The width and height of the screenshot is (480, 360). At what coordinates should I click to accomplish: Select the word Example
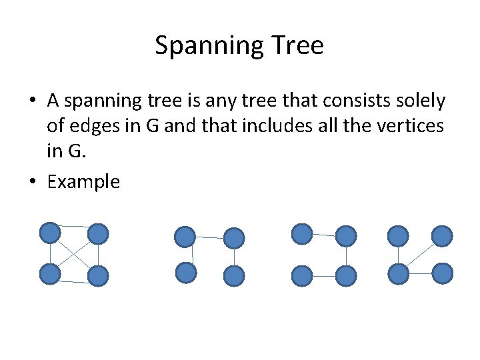coord(83,182)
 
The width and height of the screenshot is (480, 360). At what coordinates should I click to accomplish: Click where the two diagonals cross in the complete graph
coord(73,253)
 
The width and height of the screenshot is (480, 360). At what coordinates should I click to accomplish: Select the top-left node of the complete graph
coord(49,232)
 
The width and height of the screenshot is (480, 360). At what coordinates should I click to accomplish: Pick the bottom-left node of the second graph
coord(185,272)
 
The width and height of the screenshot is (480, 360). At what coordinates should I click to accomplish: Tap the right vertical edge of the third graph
coord(346,255)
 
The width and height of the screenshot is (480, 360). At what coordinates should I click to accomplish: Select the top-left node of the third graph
coord(302,233)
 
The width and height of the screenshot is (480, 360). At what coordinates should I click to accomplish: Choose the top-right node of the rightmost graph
coord(441,235)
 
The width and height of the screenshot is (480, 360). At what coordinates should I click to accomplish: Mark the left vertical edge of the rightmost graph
coord(398,254)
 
